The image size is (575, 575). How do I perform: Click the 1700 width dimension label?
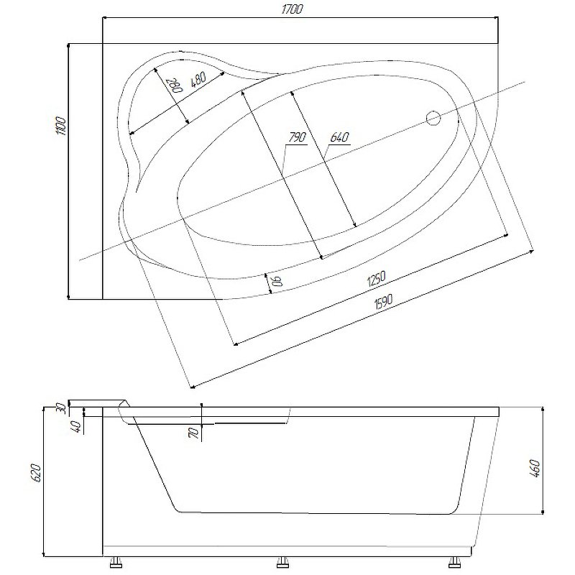click(x=292, y=9)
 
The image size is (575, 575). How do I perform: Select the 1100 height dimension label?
click(x=60, y=126)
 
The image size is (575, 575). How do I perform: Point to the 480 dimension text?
click(x=198, y=80)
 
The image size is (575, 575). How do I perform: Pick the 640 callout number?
click(x=339, y=137)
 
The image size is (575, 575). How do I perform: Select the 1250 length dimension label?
click(x=376, y=279)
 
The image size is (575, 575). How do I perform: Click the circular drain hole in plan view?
click(x=433, y=118)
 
